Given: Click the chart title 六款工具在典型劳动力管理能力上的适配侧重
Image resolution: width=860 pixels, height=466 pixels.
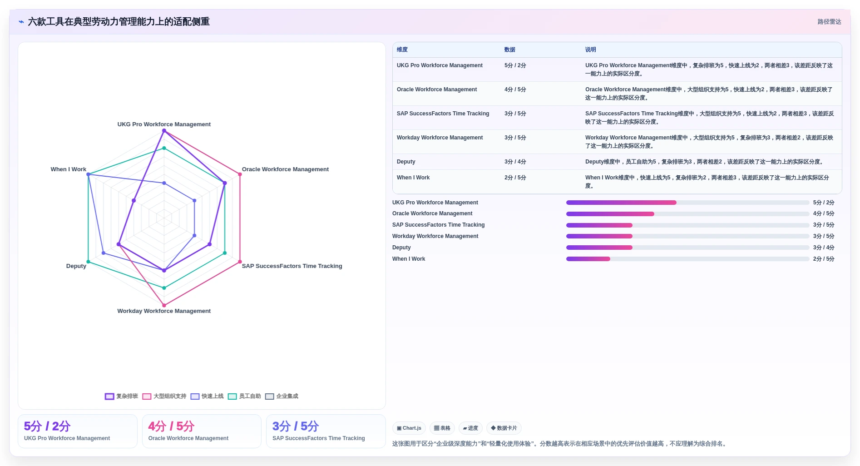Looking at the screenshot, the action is (119, 22).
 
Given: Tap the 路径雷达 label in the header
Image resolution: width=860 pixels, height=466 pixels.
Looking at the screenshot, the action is (829, 22).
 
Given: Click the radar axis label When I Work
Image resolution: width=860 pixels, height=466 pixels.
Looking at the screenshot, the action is (68, 169).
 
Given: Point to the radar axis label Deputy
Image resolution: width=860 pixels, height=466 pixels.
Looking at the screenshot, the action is (76, 266).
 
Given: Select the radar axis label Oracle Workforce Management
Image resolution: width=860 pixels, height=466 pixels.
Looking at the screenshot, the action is (285, 169).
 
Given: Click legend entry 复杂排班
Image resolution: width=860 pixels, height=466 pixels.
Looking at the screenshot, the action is (122, 396).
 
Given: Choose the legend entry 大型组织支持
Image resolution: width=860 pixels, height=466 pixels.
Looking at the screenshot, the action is (164, 396).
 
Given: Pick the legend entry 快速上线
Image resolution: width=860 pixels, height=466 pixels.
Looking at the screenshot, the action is (207, 396).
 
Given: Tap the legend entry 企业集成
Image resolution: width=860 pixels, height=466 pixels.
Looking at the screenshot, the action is (282, 396).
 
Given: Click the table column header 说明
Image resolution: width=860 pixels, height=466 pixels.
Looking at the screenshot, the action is (590, 50).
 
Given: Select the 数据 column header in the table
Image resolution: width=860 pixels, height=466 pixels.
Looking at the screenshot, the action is (510, 50).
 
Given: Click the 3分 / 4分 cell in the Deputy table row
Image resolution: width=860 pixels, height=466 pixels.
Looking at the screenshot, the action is (515, 162).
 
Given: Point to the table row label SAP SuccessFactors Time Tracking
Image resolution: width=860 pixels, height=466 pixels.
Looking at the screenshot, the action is (443, 114).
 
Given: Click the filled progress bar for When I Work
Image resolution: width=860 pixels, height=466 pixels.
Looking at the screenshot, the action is (588, 259).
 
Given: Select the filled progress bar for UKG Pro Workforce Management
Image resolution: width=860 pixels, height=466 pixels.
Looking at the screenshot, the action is (621, 203).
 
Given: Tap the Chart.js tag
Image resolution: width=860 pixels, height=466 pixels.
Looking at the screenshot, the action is (409, 428).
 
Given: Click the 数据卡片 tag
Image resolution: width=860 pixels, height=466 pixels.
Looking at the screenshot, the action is (504, 428).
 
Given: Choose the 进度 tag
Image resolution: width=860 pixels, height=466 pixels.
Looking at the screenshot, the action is (470, 428).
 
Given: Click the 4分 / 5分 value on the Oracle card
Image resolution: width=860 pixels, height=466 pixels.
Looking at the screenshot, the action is (171, 426).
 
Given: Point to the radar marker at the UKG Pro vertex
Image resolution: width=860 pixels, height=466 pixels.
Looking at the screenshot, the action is (164, 131).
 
